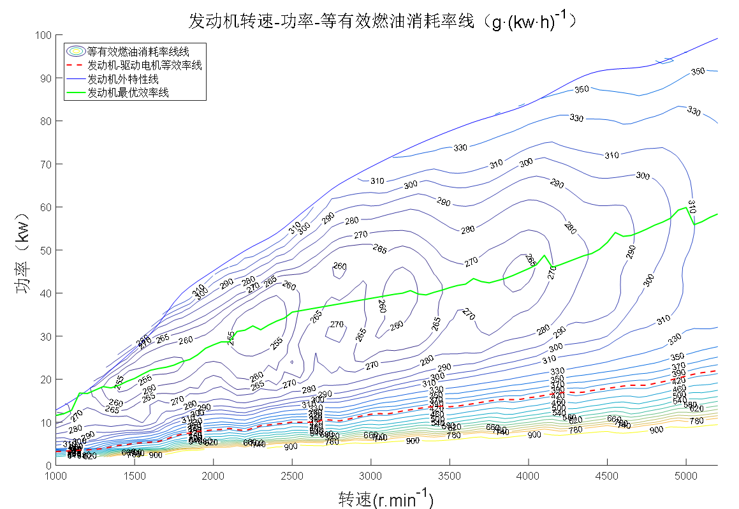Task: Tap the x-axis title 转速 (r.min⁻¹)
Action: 386,498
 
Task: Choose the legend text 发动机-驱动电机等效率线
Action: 144,65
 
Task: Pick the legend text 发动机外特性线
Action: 122,79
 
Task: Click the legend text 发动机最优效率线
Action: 128,92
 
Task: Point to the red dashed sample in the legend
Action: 76,65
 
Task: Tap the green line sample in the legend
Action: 76,92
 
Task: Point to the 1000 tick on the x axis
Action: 56,476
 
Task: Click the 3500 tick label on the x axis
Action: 450,476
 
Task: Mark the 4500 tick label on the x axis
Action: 607,476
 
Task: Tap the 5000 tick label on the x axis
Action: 685,476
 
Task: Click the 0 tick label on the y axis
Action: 48,466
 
